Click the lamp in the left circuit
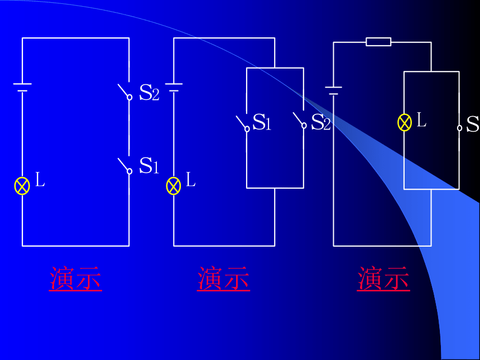point(22,186)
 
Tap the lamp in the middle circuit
point(174,186)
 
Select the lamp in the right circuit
point(405,122)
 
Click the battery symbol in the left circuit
point(22,87)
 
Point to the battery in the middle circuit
point(174,87)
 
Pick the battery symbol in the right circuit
point(333,91)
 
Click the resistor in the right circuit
point(378,42)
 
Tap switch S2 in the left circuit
point(126,92)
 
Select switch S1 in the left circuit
point(126,166)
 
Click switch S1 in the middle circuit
point(243,124)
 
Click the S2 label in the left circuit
point(149,92)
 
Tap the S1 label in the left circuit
point(149,166)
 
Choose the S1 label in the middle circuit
point(262,122)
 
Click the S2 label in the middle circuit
point(321,122)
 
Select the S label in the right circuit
point(473,124)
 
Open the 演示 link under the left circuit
point(75,278)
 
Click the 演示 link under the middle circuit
point(223,278)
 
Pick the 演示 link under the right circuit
point(383,278)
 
